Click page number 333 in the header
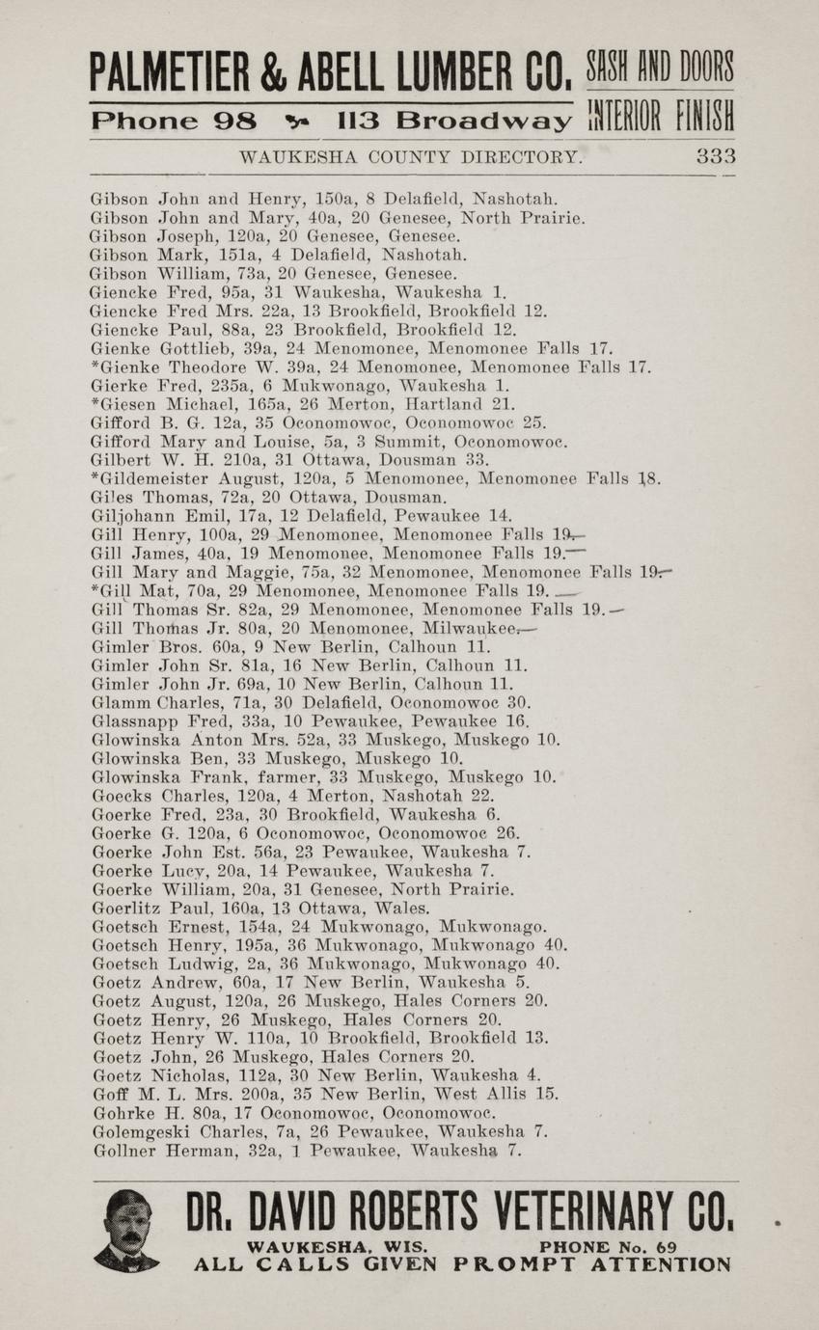716,156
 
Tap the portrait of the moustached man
126,1231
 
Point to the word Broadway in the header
483,122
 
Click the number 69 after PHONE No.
668,1246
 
